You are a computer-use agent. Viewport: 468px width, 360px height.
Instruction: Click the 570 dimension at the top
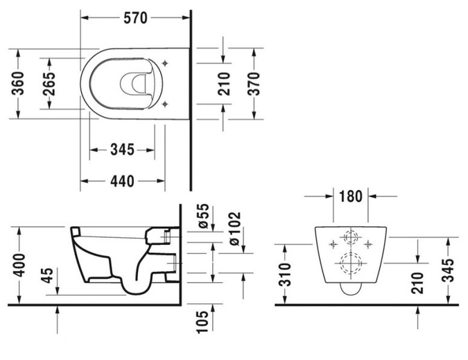pyautogui.click(x=135, y=18)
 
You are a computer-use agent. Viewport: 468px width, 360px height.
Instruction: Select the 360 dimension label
pyautogui.click(x=18, y=83)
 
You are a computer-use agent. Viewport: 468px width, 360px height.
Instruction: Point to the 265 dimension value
pyautogui.click(x=49, y=83)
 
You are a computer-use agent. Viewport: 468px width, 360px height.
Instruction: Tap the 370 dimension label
pyautogui.click(x=254, y=83)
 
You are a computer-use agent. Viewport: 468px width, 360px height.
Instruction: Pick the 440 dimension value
pyautogui.click(x=122, y=181)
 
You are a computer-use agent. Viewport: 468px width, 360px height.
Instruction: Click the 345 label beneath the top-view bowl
pyautogui.click(x=122, y=149)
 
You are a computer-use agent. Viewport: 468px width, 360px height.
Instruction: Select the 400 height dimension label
pyautogui.click(x=19, y=265)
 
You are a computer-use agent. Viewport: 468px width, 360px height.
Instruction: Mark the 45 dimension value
pyautogui.click(x=47, y=275)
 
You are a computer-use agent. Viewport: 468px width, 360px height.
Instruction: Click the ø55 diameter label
pyautogui.click(x=203, y=216)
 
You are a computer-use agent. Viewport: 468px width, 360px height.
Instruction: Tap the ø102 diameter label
pyautogui.click(x=234, y=228)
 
